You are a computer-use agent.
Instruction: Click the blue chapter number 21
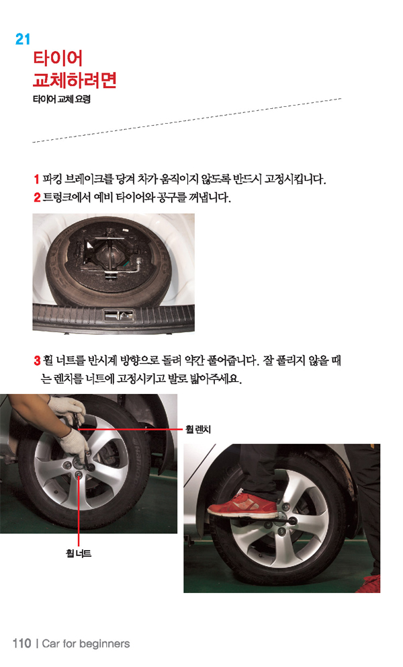point(23,40)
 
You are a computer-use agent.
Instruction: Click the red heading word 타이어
point(58,58)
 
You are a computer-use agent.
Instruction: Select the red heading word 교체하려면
point(75,79)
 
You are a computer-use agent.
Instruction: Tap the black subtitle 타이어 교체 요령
point(62,99)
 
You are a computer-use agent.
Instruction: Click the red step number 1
point(37,179)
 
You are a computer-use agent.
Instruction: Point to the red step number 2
point(38,198)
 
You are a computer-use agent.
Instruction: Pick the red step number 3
point(38,360)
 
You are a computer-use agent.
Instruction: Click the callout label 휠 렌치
point(198,429)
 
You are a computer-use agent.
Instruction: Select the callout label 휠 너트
point(79,553)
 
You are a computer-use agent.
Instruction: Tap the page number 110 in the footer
point(22,643)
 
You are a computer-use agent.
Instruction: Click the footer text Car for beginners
point(86,643)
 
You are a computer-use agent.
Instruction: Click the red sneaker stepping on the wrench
point(242,506)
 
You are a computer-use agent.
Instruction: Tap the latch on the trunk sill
point(119,315)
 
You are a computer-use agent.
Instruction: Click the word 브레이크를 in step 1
point(89,179)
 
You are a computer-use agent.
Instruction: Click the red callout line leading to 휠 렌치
point(130,430)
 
